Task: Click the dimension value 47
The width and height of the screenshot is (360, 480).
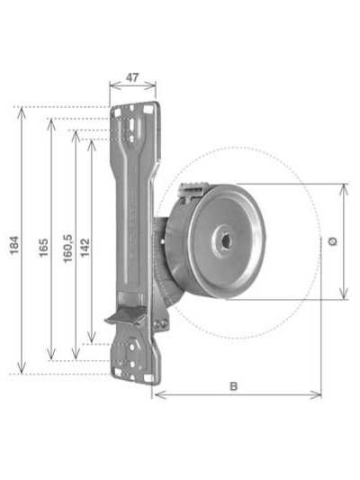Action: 132,78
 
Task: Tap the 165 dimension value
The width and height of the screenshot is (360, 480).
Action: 43,246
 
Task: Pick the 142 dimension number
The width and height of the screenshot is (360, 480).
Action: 85,246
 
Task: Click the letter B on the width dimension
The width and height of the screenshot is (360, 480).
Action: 234,385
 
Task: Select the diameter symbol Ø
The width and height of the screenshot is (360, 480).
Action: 334,241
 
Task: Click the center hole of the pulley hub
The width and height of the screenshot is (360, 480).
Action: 223,241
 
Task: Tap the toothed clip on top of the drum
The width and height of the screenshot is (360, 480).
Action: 193,189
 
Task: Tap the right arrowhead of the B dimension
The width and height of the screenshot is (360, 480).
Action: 319,394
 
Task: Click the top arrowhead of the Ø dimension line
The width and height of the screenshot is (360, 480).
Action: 343,187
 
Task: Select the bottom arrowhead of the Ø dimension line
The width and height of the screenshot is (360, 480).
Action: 343,296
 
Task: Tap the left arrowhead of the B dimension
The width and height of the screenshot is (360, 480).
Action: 158,394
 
